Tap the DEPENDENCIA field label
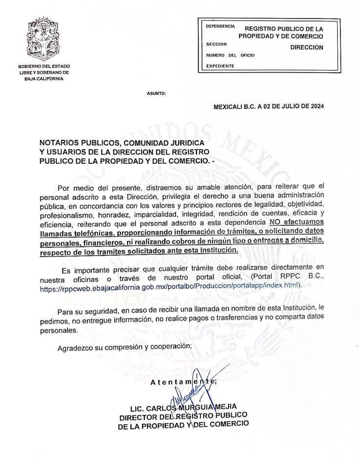click(x=220, y=26)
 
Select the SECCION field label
click(x=216, y=44)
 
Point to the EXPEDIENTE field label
click(x=220, y=66)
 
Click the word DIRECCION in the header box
click(x=307, y=47)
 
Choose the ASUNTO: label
click(x=156, y=93)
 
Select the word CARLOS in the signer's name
click(x=164, y=408)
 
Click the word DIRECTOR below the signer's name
click(x=137, y=416)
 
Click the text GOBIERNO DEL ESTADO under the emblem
click(x=44, y=66)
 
